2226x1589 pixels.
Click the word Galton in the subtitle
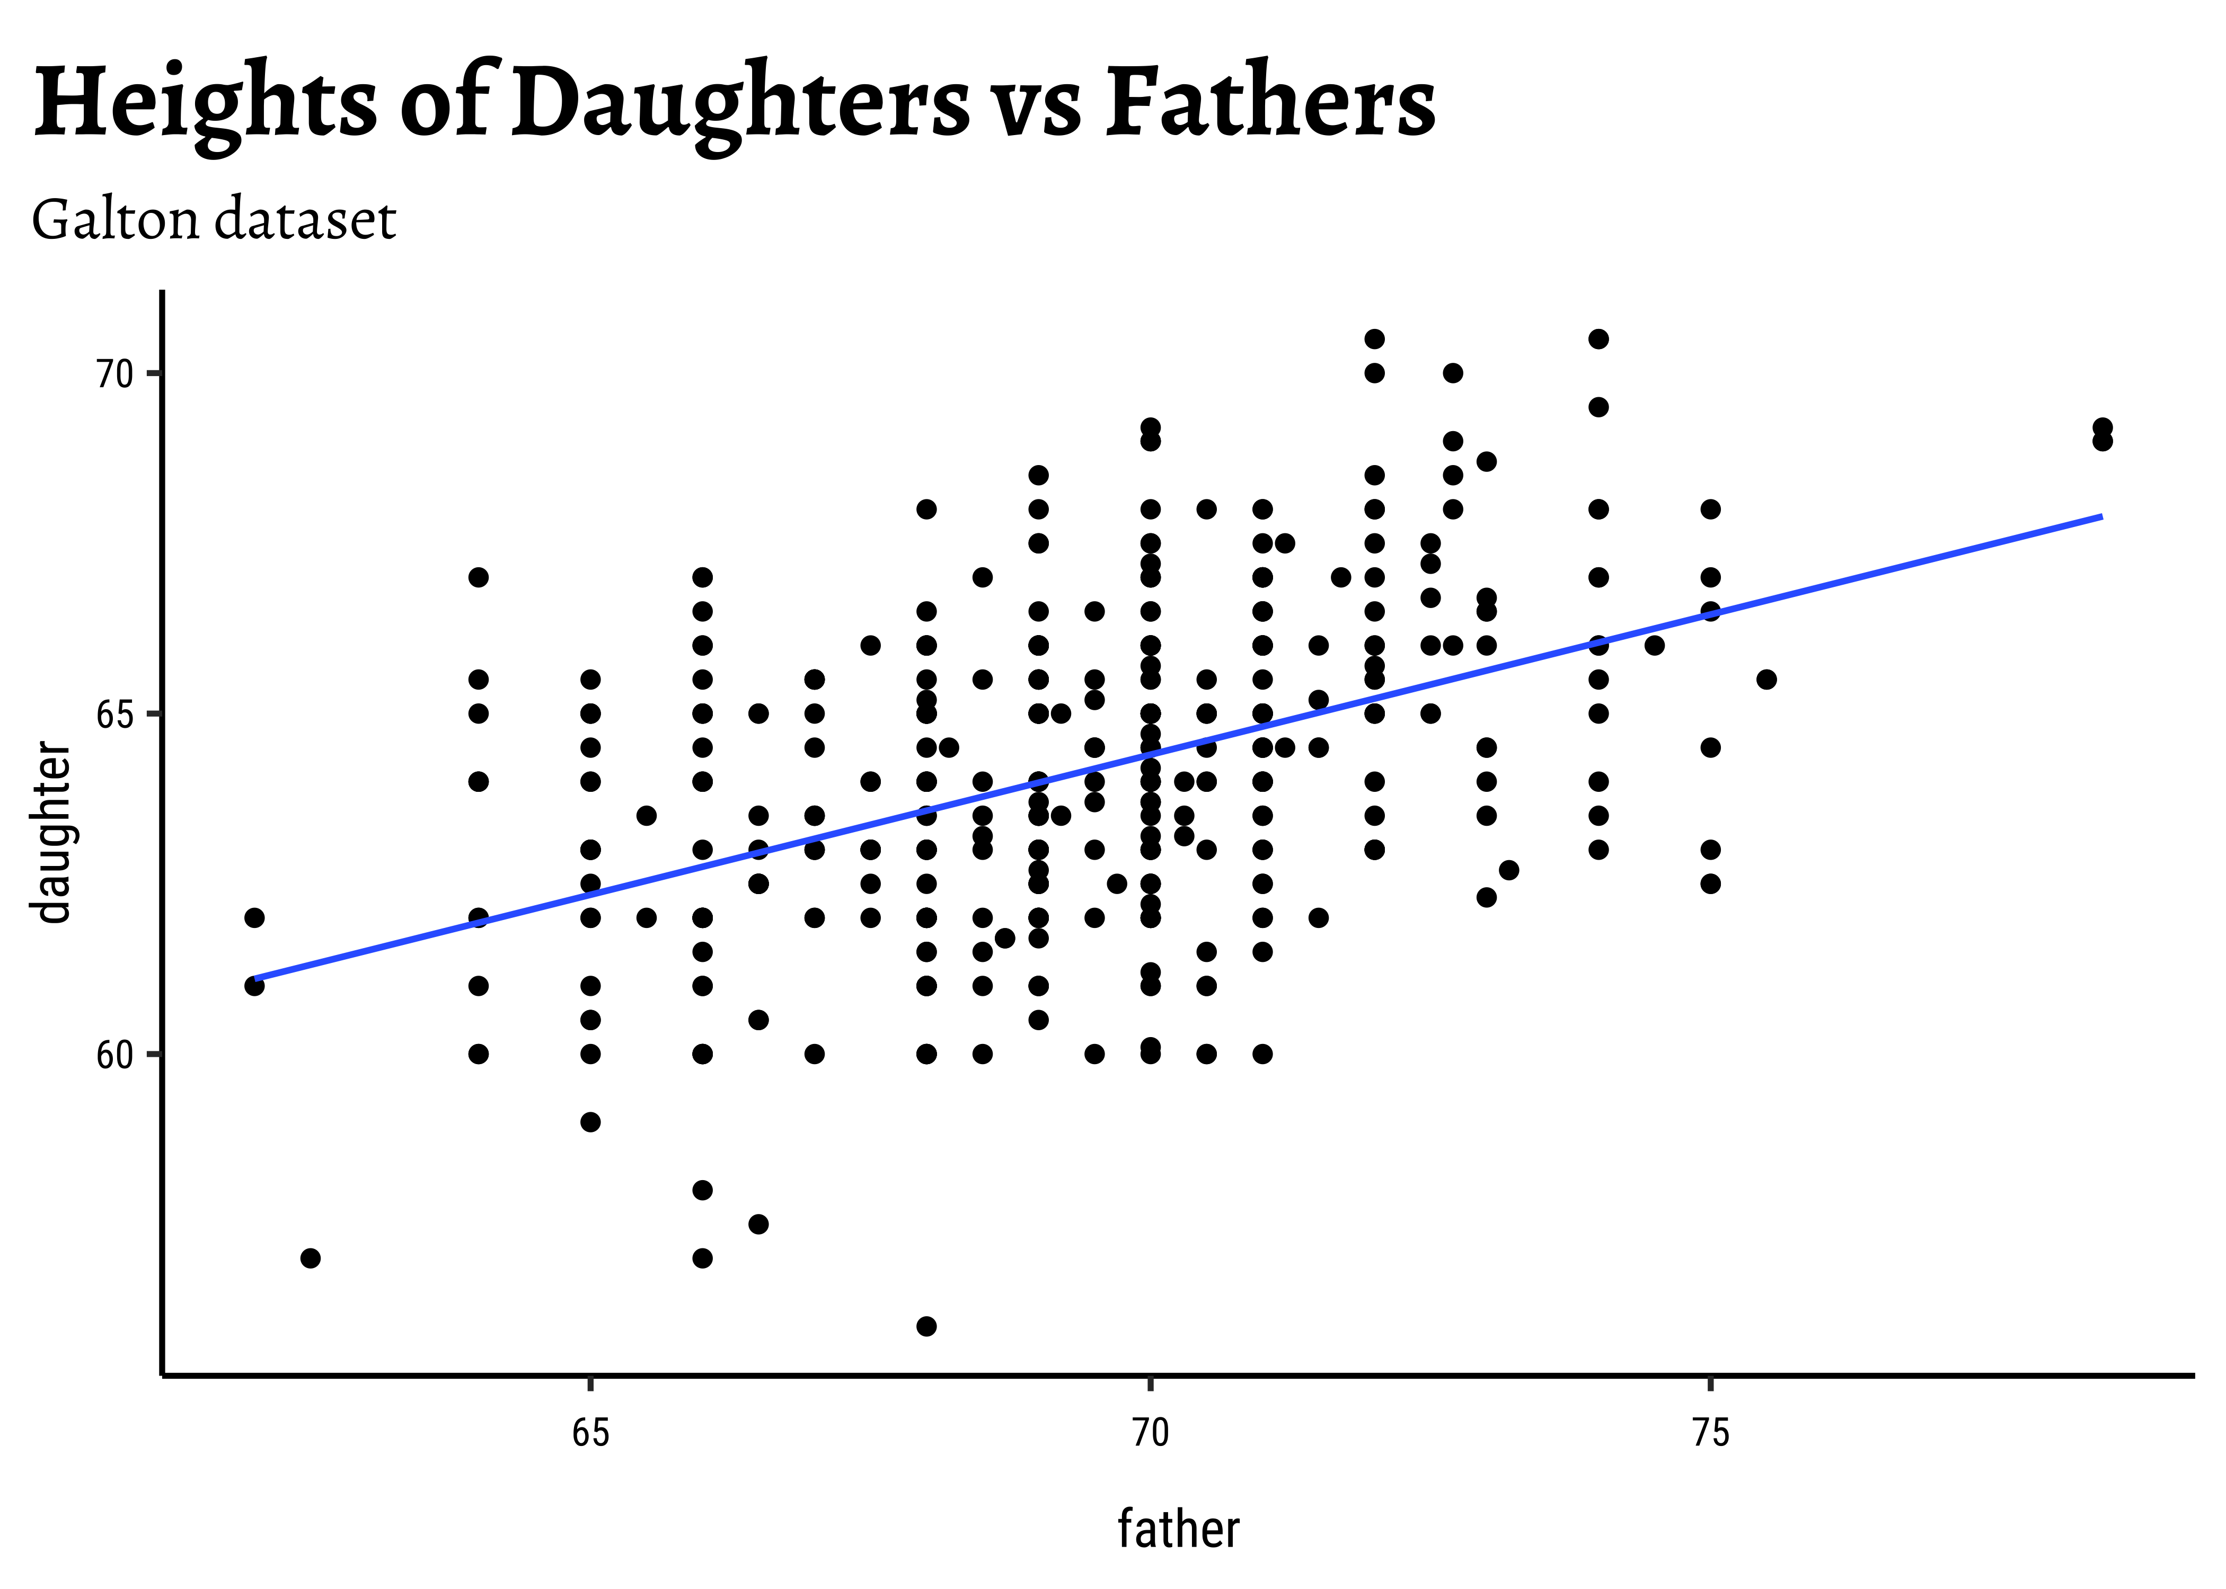(x=116, y=220)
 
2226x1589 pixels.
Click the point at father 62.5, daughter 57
(x=310, y=1258)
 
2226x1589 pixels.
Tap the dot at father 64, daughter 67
(x=479, y=577)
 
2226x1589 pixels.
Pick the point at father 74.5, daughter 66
(x=1654, y=646)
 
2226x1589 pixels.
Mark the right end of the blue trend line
(x=2101, y=516)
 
